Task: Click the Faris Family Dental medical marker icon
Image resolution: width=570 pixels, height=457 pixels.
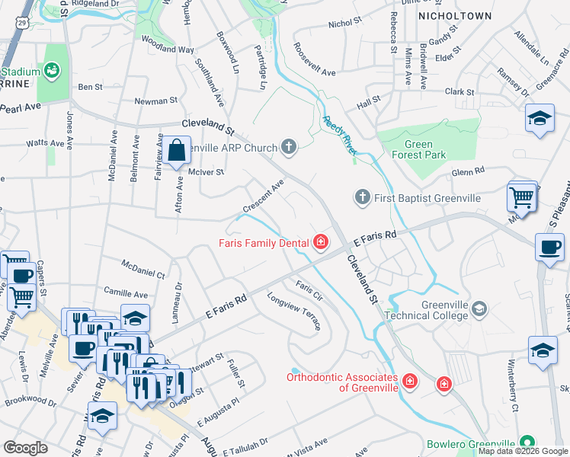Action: coord(321,243)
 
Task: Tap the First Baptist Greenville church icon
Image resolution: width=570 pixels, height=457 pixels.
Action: coord(363,198)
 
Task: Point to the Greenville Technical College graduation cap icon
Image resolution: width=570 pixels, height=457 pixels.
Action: coord(479,308)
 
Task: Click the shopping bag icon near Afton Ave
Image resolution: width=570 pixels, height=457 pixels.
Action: coord(176,149)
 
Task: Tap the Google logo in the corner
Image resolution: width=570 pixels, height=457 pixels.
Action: coord(26,447)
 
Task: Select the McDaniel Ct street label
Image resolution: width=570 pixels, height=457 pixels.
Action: coord(143,268)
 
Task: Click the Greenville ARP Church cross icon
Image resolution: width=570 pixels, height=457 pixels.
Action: coord(288,145)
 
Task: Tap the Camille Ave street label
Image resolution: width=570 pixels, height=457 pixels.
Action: coord(126,293)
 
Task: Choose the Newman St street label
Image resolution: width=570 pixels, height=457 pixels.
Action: coord(155,100)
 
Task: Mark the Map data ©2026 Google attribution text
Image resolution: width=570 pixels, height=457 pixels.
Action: coord(523,451)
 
